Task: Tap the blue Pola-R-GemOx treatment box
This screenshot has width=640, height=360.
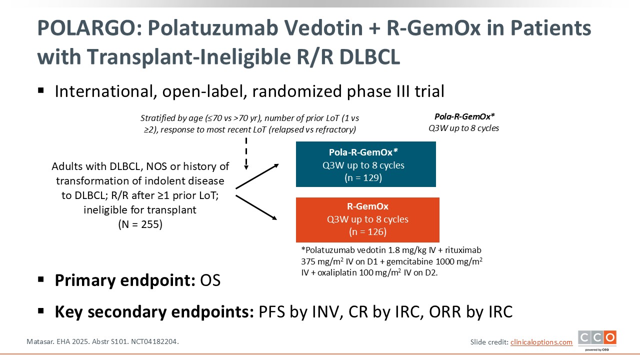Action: click(x=365, y=164)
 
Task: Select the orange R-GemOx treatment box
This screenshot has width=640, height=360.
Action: click(x=367, y=219)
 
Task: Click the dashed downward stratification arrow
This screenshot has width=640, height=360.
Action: click(x=246, y=153)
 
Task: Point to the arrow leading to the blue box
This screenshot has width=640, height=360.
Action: click(x=257, y=176)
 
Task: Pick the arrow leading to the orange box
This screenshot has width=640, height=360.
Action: click(x=256, y=207)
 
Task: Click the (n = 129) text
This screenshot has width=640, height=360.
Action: click(x=363, y=177)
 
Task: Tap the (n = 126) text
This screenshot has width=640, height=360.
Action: click(x=367, y=231)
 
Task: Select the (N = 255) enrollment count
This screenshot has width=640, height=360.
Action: click(x=140, y=224)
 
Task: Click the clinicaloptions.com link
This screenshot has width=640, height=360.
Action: click(x=541, y=342)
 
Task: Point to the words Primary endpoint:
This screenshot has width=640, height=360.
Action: click(x=125, y=280)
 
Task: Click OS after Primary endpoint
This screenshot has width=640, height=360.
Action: click(x=210, y=280)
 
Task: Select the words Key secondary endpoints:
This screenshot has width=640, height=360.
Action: click(x=154, y=311)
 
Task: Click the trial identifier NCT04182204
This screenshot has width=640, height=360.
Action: click(x=155, y=341)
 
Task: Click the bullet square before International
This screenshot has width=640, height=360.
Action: click(x=41, y=91)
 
